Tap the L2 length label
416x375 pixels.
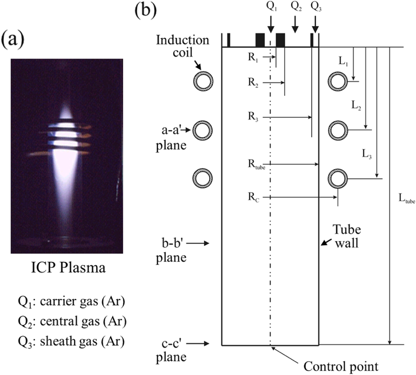click(356, 106)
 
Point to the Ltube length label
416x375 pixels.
click(405, 201)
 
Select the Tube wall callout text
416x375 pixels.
click(346, 236)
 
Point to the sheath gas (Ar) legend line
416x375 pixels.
click(68, 342)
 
